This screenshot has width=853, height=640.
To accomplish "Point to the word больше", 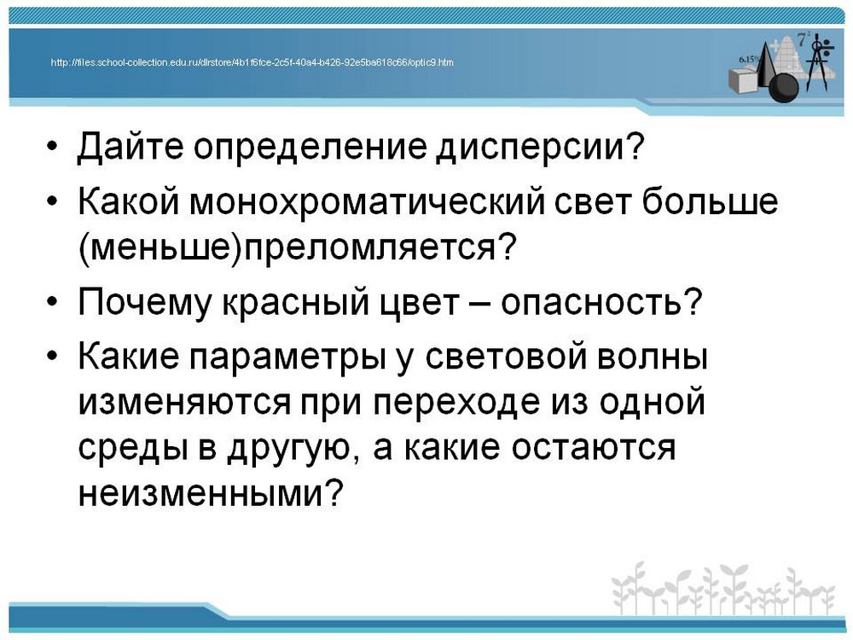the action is coord(710,201).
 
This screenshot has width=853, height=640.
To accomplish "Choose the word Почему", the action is coord(144,303).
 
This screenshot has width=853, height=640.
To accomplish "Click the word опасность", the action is coord(591,304).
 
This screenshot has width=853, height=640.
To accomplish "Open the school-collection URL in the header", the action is coord(252,62).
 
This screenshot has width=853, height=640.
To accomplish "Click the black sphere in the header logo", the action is coord(783,87).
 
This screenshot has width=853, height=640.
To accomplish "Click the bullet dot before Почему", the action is coord(52,303).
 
